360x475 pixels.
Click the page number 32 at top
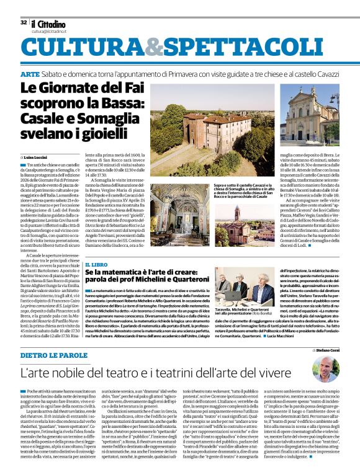click(24, 22)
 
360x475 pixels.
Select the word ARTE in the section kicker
click(30, 74)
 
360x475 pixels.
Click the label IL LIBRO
click(97, 265)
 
